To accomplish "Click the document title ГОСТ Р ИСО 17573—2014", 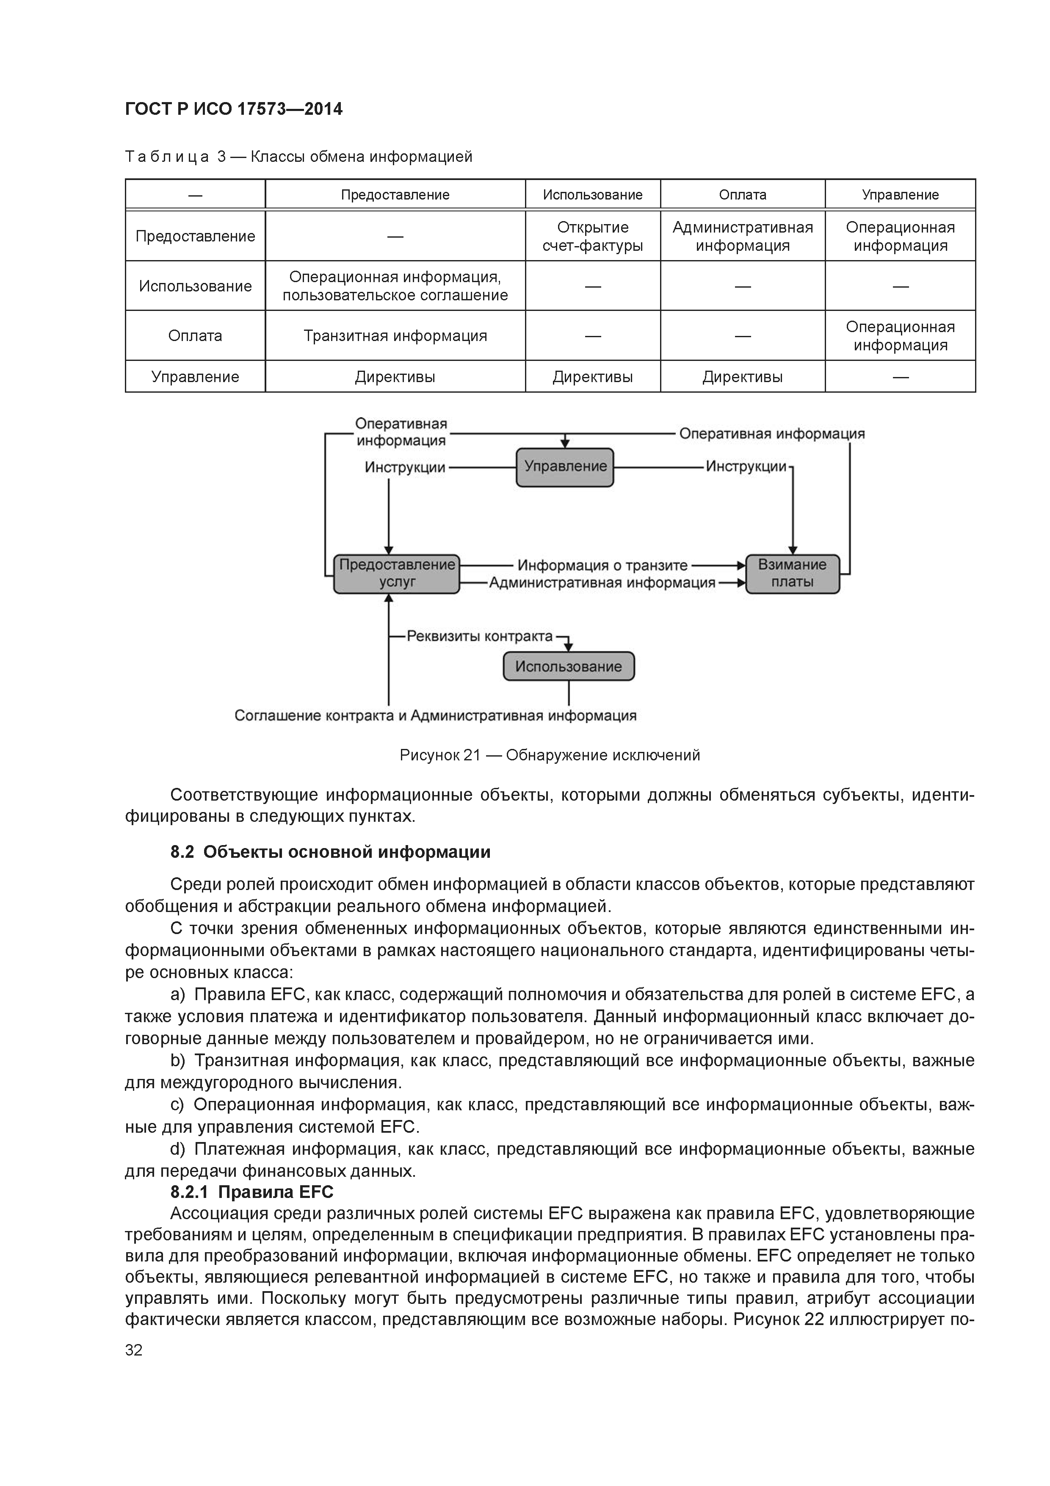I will pos(234,109).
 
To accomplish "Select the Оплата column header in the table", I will pos(742,195).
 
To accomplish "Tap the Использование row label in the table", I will pos(195,286).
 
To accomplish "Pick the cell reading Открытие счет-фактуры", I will pos(593,236).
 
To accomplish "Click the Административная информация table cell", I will pos(742,236).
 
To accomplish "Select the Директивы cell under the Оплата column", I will pos(742,377).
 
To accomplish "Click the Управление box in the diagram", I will pos(565,467).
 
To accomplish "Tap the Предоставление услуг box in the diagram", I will pos(397,574).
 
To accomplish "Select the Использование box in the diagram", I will pos(569,667).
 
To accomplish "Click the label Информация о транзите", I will pos(602,566).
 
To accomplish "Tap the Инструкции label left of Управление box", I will pos(405,467).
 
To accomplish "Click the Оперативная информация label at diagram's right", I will pos(772,434).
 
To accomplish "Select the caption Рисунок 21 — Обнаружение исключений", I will pos(550,755).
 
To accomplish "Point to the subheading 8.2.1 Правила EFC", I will pos(251,1192).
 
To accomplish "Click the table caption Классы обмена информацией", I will pos(361,157).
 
